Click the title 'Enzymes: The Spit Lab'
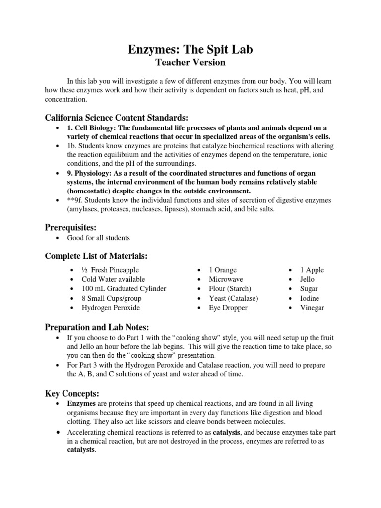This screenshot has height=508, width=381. (x=191, y=49)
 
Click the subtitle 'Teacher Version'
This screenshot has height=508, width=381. (x=191, y=63)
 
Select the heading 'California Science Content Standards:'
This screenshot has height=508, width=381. (x=117, y=118)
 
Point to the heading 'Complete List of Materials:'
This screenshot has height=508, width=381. (x=96, y=256)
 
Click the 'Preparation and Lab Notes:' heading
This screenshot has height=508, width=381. (x=96, y=327)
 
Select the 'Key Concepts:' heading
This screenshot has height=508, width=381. (x=72, y=393)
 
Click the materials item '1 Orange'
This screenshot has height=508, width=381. (x=223, y=270)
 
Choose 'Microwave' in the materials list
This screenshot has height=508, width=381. (x=226, y=279)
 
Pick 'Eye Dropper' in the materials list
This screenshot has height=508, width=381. (x=227, y=308)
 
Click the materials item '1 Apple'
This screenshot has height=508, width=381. (x=312, y=270)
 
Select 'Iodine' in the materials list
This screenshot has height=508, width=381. (x=309, y=298)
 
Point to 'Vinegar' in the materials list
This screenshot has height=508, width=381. (x=312, y=308)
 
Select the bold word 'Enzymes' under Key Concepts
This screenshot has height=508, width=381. (x=81, y=404)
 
